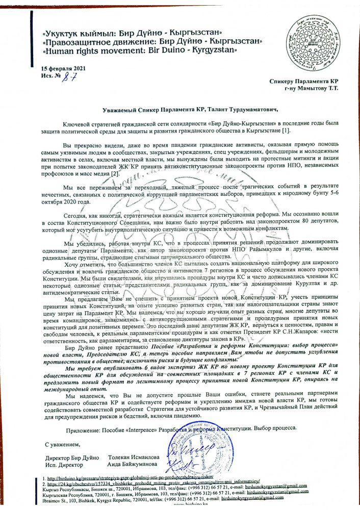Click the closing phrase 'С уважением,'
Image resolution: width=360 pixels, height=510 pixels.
pyautogui.click(x=62, y=445)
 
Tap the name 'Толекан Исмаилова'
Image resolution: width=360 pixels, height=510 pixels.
pyautogui.click(x=134, y=457)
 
